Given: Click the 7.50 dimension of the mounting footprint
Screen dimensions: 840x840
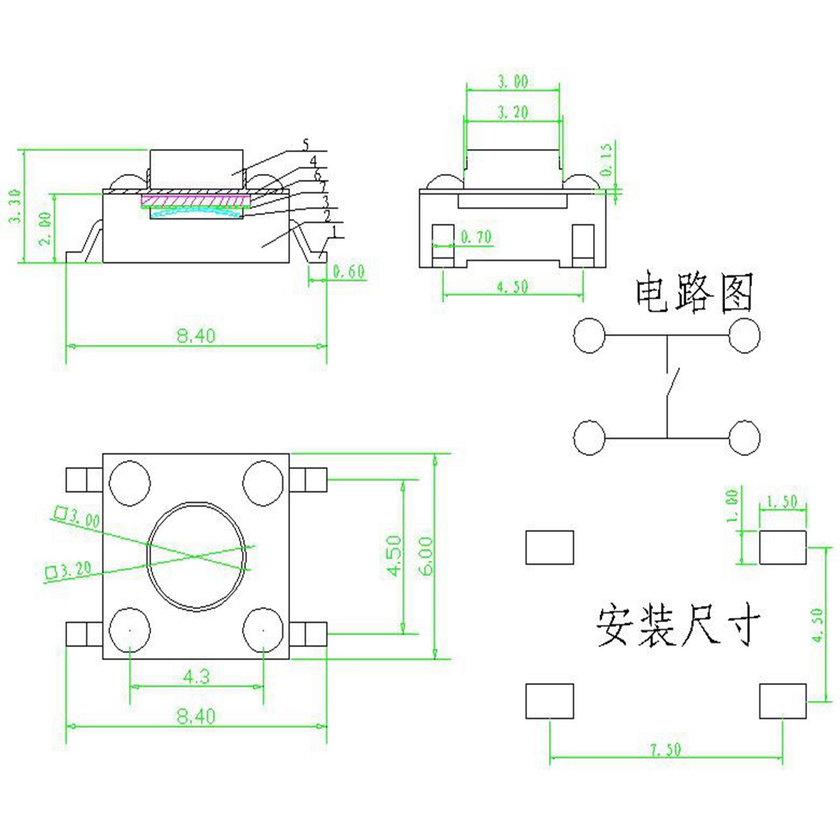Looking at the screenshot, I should coord(665,749).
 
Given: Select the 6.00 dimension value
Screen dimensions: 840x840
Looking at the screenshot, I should coord(426,556).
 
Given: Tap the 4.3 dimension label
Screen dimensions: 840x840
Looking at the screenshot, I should coord(196,676).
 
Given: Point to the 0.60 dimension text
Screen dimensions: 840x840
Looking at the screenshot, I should coord(348,271).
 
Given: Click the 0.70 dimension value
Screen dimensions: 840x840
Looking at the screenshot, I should coord(476,237).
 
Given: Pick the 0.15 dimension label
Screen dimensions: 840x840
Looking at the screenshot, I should coord(607,159).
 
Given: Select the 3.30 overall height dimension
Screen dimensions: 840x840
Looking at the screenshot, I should coord(14,206).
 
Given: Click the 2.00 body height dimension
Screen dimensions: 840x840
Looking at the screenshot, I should coord(44,228).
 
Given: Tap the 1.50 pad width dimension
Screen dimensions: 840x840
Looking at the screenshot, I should coord(782,501).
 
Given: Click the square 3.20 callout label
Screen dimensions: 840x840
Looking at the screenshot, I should coord(69,570).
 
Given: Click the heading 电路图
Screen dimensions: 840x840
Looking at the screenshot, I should coord(694,293).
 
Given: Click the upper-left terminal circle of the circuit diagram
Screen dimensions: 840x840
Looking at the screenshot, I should coord(589,335).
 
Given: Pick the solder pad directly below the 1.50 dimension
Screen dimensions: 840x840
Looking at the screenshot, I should coord(782,547).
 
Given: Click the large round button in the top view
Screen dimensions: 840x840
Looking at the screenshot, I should coord(197,556).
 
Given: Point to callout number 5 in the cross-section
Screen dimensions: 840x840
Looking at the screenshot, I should coord(306,144).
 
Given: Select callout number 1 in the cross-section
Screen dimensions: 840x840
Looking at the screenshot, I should coord(335,231).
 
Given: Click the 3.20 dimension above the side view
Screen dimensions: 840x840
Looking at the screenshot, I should coord(512,112).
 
